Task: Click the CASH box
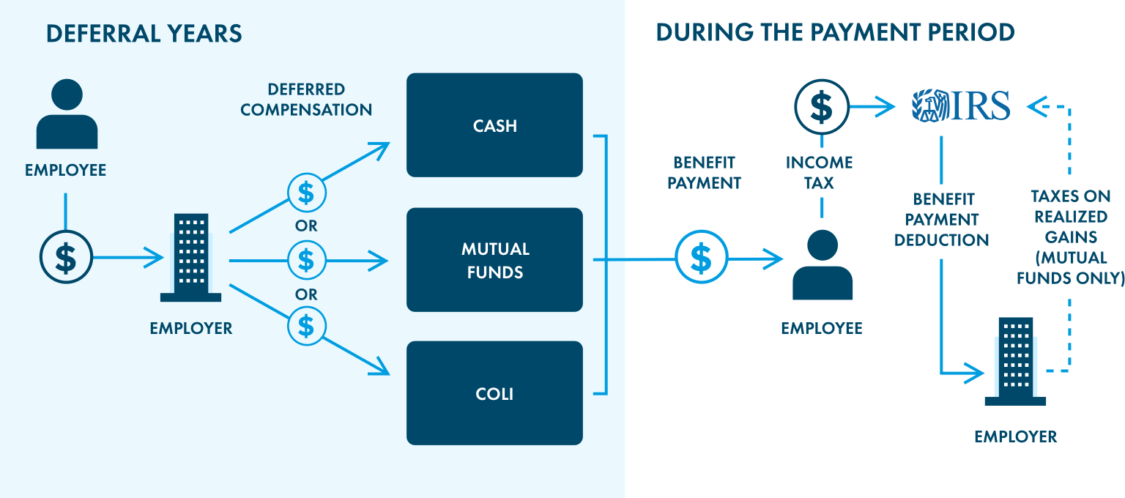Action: click(x=494, y=125)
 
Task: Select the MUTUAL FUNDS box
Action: click(x=494, y=260)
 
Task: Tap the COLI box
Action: click(x=494, y=393)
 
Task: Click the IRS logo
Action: click(x=961, y=106)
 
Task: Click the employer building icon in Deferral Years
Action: click(x=190, y=258)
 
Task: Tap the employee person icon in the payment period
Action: click(x=823, y=265)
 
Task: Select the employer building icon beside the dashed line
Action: click(x=1015, y=362)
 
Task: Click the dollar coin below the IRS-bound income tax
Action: click(x=822, y=107)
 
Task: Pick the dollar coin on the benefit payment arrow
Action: click(x=701, y=257)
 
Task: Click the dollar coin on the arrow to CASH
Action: click(x=306, y=193)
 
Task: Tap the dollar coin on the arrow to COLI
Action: click(x=306, y=325)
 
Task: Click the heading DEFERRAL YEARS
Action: click(x=144, y=34)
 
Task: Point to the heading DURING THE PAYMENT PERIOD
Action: click(x=834, y=33)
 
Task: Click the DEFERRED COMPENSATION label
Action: click(x=306, y=100)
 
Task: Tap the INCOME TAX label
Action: click(x=820, y=173)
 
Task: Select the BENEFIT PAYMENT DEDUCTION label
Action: click(x=942, y=220)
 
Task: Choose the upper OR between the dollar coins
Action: click(x=306, y=226)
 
